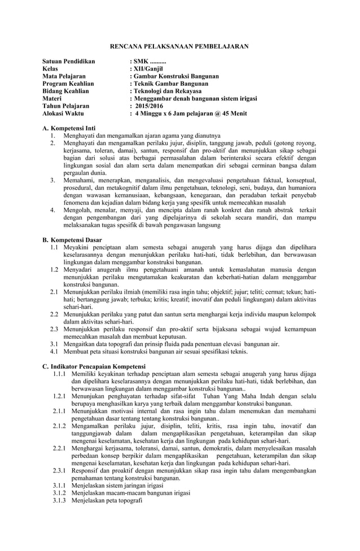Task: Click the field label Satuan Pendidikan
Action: click(x=69, y=60)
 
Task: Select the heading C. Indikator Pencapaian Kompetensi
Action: click(x=94, y=366)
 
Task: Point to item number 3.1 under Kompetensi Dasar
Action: click(x=54, y=343)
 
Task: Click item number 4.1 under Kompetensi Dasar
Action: click(x=54, y=351)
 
